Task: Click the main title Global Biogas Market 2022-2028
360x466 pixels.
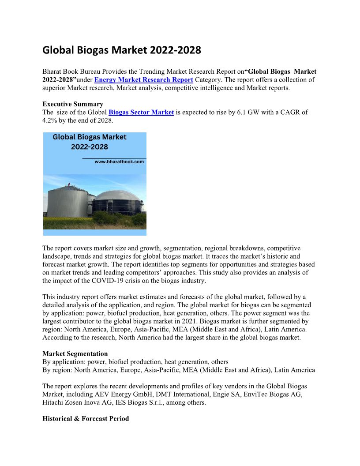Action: pyautogui.click(x=121, y=50)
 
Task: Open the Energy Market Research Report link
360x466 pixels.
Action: pyautogui.click(x=143, y=80)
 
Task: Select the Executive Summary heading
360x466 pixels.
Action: pyautogui.click(x=73, y=105)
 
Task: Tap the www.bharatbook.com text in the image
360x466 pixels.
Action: pyautogui.click(x=119, y=162)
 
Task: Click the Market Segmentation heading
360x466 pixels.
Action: pyautogui.click(x=75, y=353)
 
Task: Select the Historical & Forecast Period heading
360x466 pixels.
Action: pyautogui.click(x=86, y=418)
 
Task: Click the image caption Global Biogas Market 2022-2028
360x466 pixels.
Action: pyautogui.click(x=90, y=142)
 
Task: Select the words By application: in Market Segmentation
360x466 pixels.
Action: pyautogui.click(x=63, y=362)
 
